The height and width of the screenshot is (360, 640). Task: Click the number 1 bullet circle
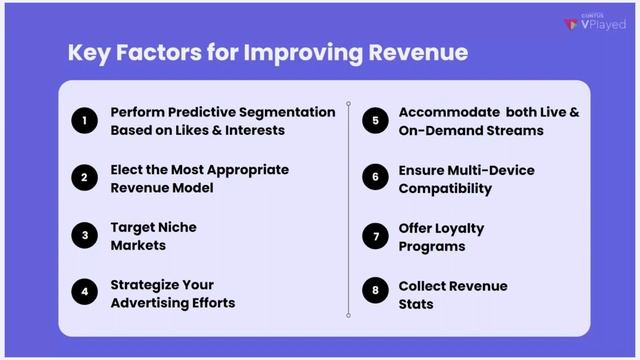click(x=84, y=121)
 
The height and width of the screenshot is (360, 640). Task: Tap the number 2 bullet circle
click(x=84, y=178)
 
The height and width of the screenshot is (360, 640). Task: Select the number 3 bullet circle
click(x=84, y=235)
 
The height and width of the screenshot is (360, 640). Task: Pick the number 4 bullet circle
click(x=84, y=293)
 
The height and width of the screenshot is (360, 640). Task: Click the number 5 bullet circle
click(x=375, y=121)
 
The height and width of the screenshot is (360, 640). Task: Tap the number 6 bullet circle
click(x=375, y=178)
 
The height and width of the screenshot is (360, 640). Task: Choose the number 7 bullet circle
click(x=375, y=235)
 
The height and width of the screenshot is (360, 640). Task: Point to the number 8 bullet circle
click(x=375, y=293)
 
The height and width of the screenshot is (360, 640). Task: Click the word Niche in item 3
click(x=174, y=227)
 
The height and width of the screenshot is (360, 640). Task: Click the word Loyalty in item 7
click(x=459, y=227)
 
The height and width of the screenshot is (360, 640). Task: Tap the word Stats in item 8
click(x=416, y=302)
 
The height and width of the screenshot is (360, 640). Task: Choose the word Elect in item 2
click(x=128, y=169)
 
